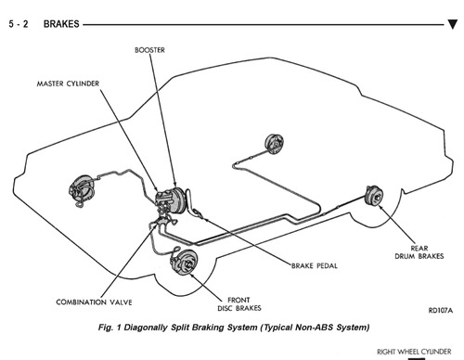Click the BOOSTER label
point(149,50)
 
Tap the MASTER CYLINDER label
point(68,84)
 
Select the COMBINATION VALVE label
point(94,302)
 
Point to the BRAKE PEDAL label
point(315,265)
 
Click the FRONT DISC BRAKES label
point(239,304)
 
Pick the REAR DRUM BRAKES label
point(419,252)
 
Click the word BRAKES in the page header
point(61,24)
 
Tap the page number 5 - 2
point(19,24)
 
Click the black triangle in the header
point(453,24)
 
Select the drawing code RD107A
point(441,310)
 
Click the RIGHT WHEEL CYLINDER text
point(414,352)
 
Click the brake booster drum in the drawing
point(178,200)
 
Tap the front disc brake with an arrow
point(184,262)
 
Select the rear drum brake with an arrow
point(374,196)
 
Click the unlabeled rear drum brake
point(275,144)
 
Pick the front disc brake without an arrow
point(81,189)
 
